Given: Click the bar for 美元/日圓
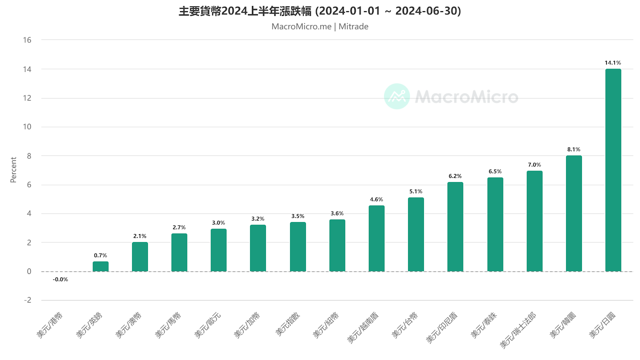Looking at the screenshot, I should coord(613,170).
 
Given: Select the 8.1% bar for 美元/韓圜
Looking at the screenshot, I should coord(574,213).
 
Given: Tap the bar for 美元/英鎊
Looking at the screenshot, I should coord(100,266).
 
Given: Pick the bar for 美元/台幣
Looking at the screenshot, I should coord(416,234).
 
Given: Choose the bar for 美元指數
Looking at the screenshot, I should coord(298,247).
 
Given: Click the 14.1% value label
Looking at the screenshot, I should coord(613,63).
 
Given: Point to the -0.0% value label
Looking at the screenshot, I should coord(60,280).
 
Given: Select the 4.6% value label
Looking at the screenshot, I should coord(376,199).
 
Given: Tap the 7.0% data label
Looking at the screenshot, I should coord(534,165).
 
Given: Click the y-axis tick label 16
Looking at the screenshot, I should coord(27,40).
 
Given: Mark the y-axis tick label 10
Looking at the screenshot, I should coord(27,127).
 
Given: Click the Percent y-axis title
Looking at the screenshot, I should coord(14,170).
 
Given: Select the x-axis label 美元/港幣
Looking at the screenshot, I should coord(50,325).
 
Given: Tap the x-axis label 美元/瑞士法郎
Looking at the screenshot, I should coord(518,330).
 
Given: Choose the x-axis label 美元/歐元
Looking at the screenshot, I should coord(208,325).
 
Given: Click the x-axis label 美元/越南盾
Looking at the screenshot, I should coord(363,328).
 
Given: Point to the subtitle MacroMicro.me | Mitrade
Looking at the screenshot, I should coord(320,26).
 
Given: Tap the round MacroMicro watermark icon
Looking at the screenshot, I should coord(397,96).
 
